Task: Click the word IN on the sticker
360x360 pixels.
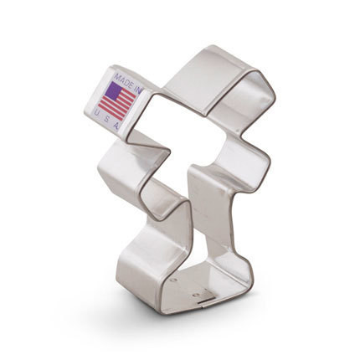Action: click(x=138, y=88)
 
